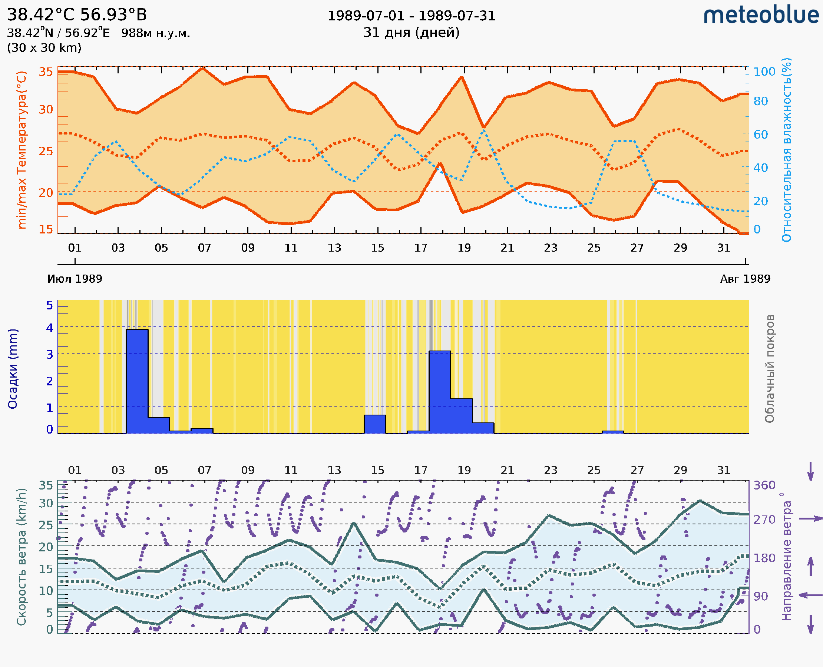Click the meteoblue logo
coord(761,15)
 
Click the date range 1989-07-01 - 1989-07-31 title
coord(411,16)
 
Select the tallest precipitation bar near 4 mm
coord(137,380)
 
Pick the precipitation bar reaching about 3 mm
coord(439,392)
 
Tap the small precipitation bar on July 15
coord(374,424)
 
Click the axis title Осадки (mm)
coord(13,369)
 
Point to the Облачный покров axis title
coord(769,369)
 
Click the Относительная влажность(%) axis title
coord(786,150)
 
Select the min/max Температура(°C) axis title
coord(22,150)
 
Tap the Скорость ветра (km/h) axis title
coord(22,557)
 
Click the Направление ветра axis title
coord(786,557)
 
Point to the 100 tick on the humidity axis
coord(764,72)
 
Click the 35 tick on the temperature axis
coord(46,72)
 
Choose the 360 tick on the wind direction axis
coord(764,485)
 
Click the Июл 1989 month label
coord(75,279)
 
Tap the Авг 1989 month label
coord(745,279)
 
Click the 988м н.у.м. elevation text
coord(155,33)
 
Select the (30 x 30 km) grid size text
coord(44,48)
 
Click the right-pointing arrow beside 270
coord(810,519)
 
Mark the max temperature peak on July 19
coord(462,77)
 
